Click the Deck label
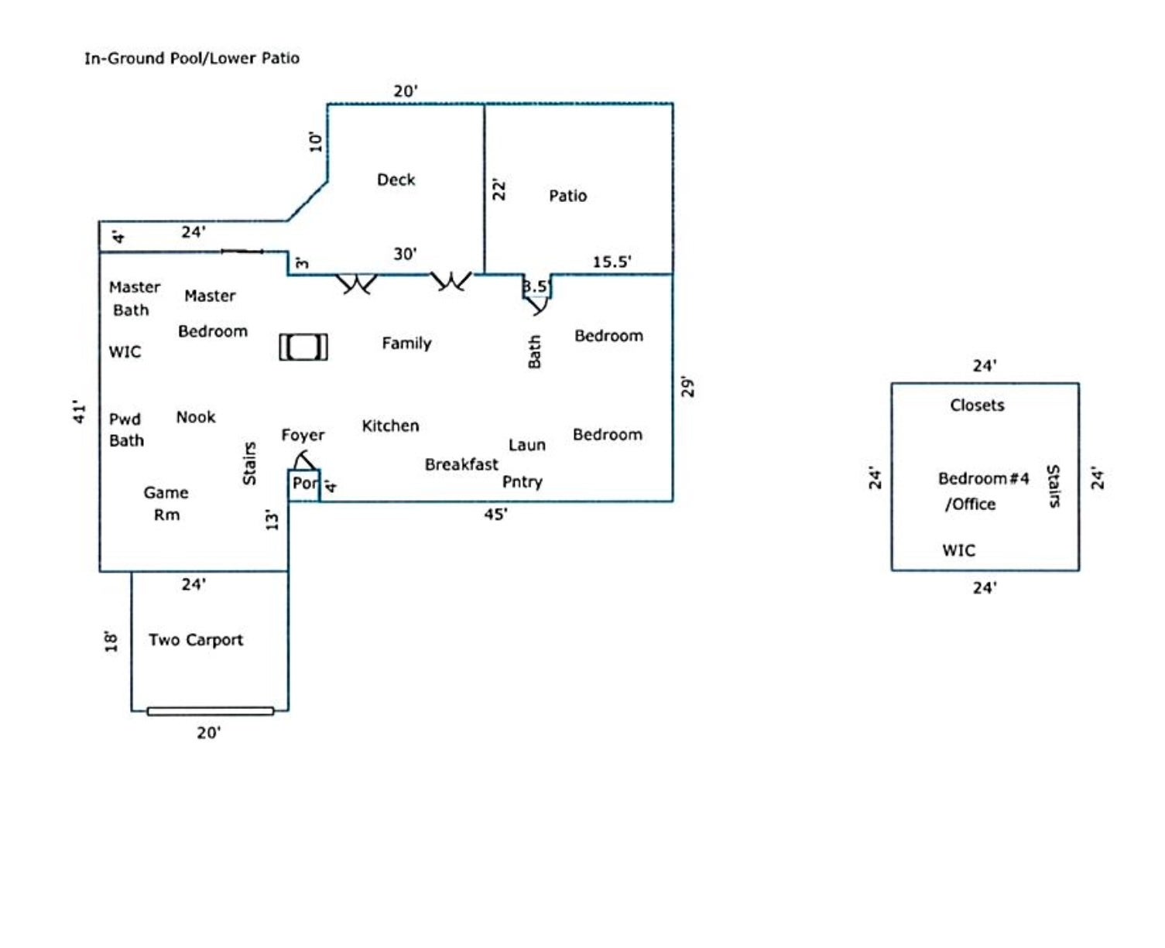point(396,180)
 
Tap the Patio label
point(567,196)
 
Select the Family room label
point(406,343)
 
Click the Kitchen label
point(390,426)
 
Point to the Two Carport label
point(196,640)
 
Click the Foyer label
point(303,435)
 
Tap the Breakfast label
point(461,464)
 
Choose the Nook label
point(196,417)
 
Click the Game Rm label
point(166,503)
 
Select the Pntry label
point(523,481)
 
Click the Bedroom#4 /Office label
point(982,491)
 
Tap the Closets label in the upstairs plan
point(977,405)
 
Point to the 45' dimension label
point(495,514)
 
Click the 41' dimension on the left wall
point(78,412)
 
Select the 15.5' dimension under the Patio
point(612,262)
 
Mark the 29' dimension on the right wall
point(687,387)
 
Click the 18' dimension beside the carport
point(112,641)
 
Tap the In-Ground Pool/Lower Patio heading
point(191,58)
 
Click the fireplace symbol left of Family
point(303,347)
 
